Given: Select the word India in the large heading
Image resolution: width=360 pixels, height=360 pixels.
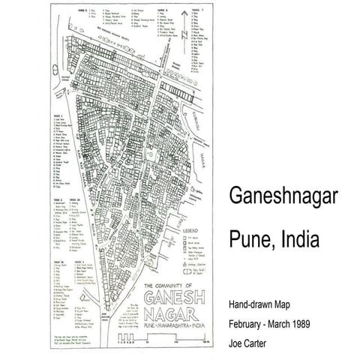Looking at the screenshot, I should (297, 241).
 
